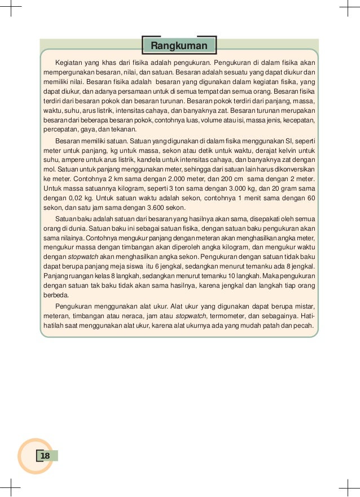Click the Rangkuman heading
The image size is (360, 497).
click(x=179, y=46)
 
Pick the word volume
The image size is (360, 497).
click(x=203, y=121)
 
